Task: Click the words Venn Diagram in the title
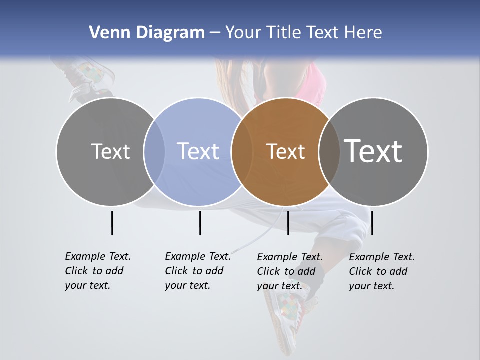tap(147, 33)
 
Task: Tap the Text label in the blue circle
tap(198, 151)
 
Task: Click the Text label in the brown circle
tap(285, 151)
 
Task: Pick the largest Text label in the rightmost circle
tap(373, 151)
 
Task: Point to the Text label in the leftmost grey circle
tap(110, 151)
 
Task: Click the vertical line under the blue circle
tap(200, 223)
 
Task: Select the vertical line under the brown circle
tap(288, 223)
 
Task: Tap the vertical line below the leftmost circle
tap(112, 223)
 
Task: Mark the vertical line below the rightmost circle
tap(372, 223)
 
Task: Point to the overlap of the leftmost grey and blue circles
tap(154, 151)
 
